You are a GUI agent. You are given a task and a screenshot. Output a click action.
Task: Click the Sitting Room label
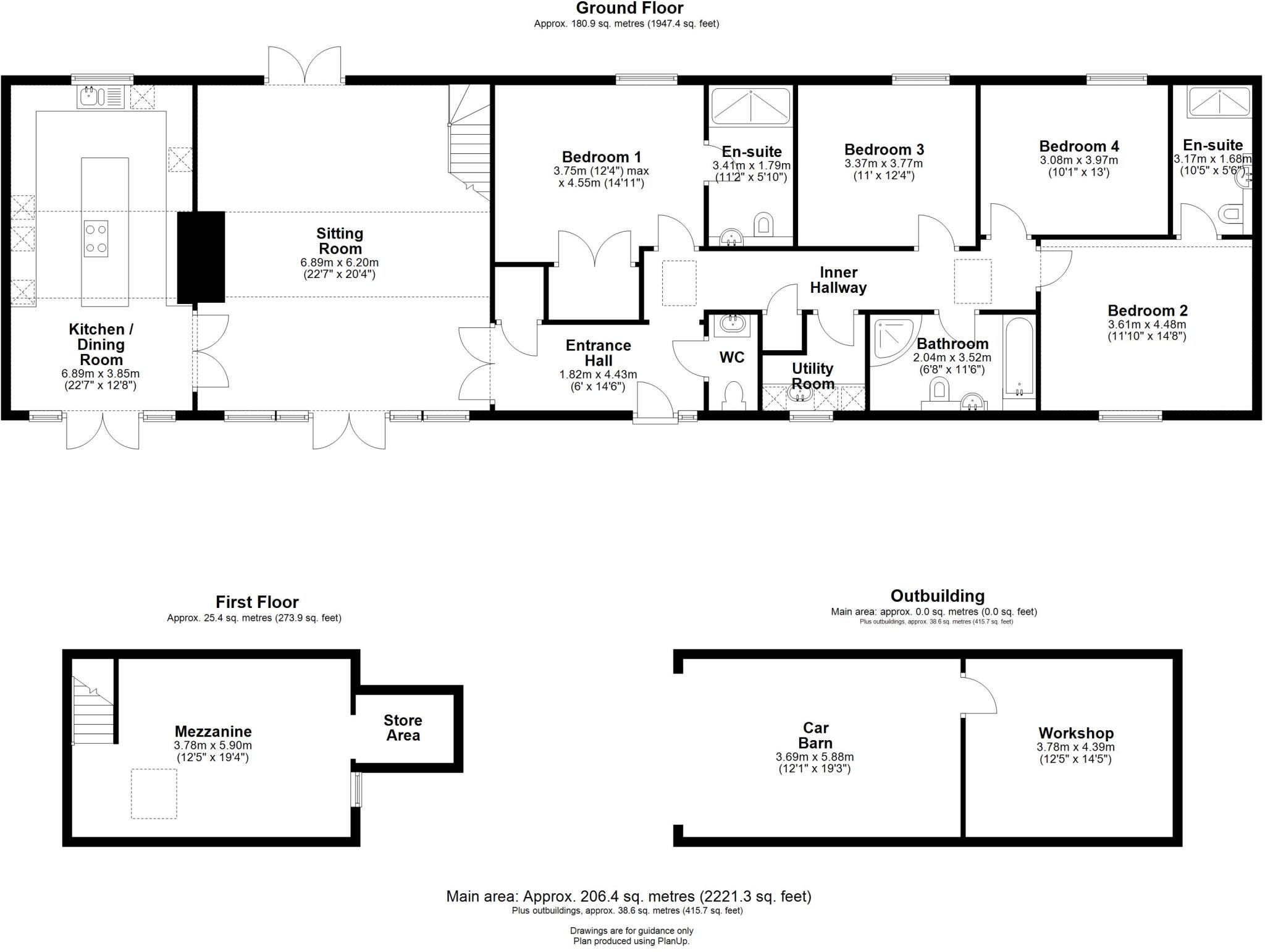339,241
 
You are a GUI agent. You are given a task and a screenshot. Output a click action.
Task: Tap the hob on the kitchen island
96,238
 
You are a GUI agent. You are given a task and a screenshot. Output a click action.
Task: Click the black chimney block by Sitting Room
201,257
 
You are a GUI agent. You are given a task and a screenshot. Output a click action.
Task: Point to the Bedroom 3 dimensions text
883,169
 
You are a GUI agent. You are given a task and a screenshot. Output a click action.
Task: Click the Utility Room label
812,376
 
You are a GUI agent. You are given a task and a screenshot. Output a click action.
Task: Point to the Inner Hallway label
838,280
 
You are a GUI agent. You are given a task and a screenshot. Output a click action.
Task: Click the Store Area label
403,728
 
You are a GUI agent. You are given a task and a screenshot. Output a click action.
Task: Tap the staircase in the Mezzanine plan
93,710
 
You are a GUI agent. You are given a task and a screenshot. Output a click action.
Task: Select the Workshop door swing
979,695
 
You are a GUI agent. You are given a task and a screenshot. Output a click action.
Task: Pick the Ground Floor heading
629,9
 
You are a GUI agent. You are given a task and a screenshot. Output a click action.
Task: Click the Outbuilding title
937,596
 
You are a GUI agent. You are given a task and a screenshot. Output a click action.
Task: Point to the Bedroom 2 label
1147,311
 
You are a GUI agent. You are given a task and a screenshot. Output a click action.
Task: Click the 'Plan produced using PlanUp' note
631,941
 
